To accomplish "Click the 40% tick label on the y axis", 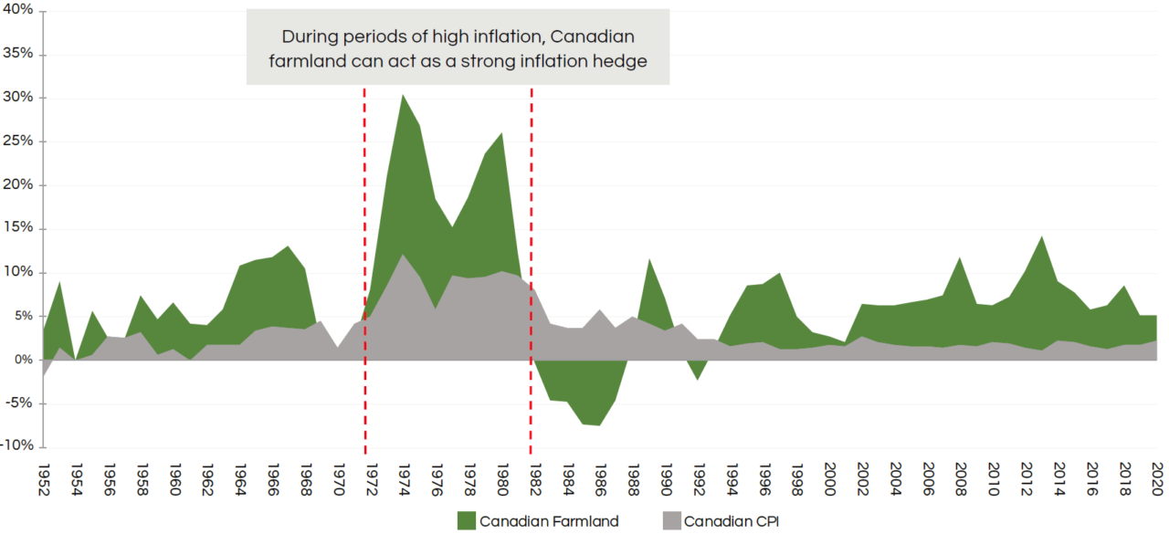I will [18, 10].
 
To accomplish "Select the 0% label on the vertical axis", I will [23, 360].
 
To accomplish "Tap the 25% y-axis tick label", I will [18, 141].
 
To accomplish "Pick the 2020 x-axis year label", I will [1157, 478].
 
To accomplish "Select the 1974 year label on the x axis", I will [404, 478].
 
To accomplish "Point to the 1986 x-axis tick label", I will [600, 478].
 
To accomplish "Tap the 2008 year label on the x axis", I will [961, 478].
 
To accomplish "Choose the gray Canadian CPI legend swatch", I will [669, 521].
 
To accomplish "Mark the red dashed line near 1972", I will [365, 274].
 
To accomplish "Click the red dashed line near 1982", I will [531, 274].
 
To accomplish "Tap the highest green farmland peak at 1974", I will [403, 96].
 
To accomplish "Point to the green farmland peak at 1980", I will [501, 134].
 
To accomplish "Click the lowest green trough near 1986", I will [599, 424].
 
